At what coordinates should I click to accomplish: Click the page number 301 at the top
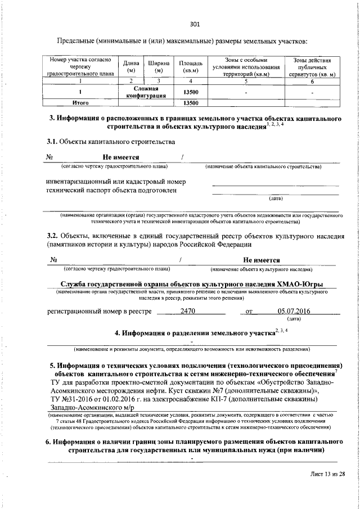195,24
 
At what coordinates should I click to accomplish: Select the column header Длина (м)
131,67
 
